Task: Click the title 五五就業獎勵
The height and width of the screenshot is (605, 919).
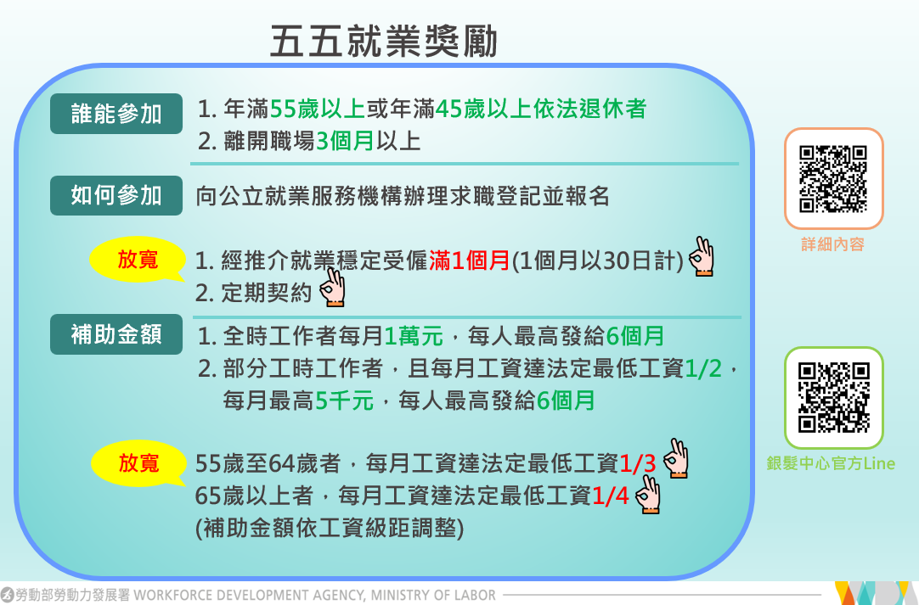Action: (384, 42)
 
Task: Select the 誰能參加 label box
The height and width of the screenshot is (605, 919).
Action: (116, 114)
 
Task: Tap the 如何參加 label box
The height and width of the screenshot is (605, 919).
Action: (116, 195)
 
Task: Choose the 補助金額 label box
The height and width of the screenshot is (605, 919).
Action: (116, 334)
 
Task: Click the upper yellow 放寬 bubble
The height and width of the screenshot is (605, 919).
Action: (137, 259)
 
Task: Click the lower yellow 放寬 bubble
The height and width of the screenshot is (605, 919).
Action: (138, 462)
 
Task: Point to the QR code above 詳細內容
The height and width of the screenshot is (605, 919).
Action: (833, 179)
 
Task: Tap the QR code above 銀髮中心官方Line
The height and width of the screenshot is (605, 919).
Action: (833, 398)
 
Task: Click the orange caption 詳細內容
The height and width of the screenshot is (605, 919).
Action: (833, 244)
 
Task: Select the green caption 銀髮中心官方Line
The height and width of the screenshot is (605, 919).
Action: (831, 463)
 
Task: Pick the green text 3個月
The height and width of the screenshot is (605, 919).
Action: (345, 141)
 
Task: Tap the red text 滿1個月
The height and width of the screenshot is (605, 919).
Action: (470, 260)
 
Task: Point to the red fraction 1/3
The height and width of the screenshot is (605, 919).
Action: (637, 464)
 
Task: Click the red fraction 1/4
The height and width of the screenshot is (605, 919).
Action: (610, 496)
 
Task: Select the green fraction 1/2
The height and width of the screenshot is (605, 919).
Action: (703, 369)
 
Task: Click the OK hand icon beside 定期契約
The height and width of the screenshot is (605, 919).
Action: (332, 288)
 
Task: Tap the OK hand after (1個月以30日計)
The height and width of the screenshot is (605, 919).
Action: (701, 256)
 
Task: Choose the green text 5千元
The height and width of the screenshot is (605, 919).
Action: (344, 401)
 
